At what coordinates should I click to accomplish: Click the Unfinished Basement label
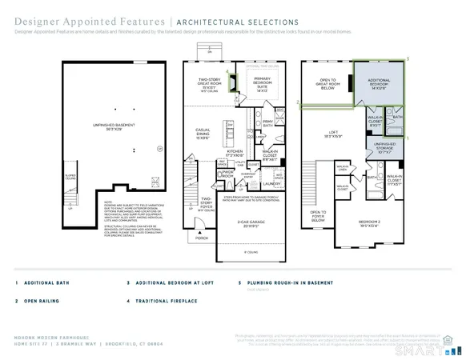115,147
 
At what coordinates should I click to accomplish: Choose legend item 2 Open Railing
39,301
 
